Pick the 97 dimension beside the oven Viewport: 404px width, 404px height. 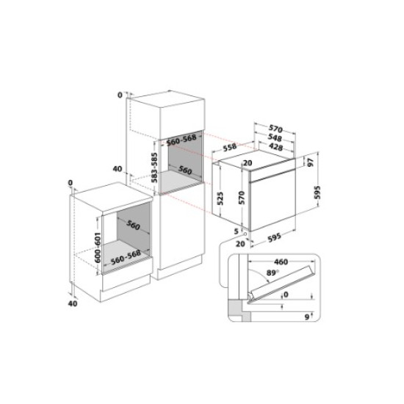point(310,162)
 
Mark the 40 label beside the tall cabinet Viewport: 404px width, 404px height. point(117,169)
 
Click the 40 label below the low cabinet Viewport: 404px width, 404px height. point(71,303)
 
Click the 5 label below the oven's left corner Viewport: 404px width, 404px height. point(236,230)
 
